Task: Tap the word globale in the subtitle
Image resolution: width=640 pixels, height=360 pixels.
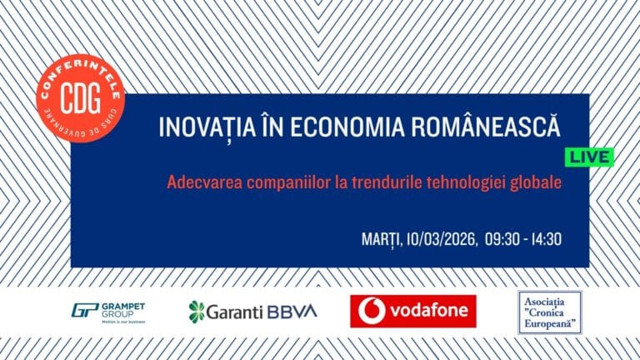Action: pyautogui.click(x=537, y=181)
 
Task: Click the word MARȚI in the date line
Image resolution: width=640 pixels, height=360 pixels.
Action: pyautogui.click(x=381, y=239)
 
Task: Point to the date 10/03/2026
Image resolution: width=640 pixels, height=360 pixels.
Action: pyautogui.click(x=442, y=239)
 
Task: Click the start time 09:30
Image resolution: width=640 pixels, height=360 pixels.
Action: pyautogui.click(x=502, y=239)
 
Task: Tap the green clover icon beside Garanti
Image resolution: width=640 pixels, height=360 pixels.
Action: pyautogui.click(x=197, y=312)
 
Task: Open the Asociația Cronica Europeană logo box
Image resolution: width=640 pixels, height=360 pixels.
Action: pyautogui.click(x=549, y=311)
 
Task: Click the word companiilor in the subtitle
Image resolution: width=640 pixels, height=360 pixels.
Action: pyautogui.click(x=287, y=181)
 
